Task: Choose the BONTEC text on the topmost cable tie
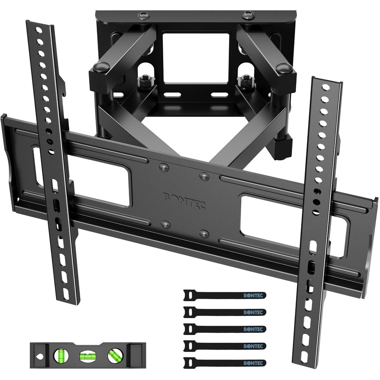[x=253, y=295]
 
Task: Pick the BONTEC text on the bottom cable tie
[x=253, y=362]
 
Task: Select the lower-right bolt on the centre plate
[x=202, y=233]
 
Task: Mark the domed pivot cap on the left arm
[x=101, y=66]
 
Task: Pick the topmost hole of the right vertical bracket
[x=326, y=87]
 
